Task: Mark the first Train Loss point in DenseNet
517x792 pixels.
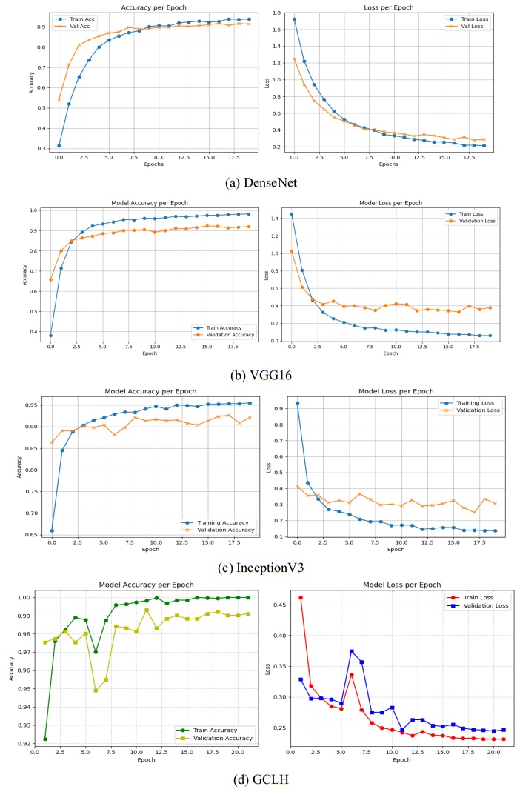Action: (x=295, y=19)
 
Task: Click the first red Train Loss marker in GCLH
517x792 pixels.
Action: (x=300, y=597)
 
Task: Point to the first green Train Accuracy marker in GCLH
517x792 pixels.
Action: (x=45, y=739)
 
